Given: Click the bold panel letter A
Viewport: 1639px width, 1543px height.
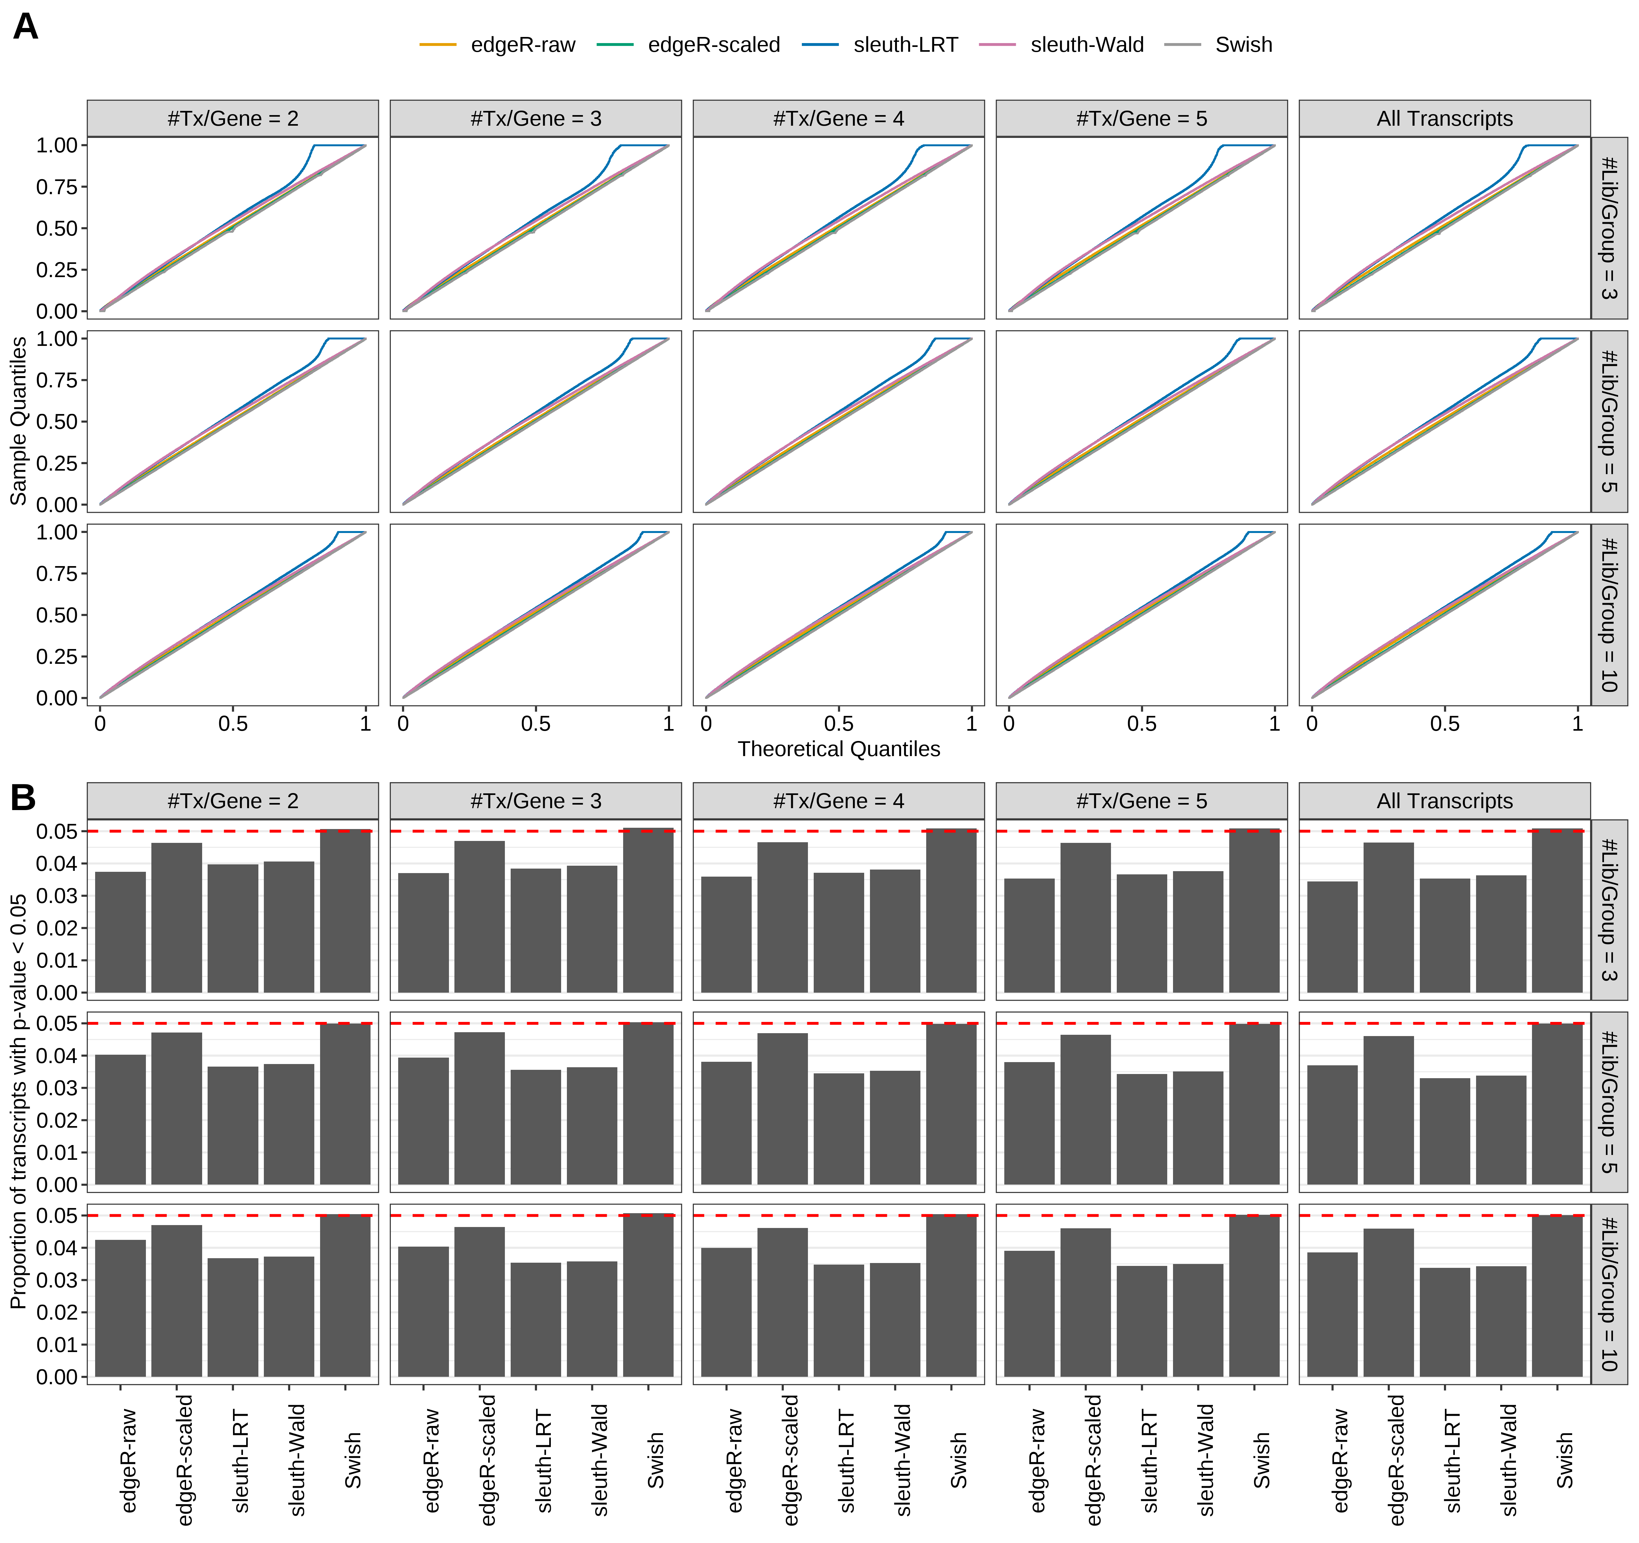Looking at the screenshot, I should pos(26,27).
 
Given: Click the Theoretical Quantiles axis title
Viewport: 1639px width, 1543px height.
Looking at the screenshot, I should pos(838,749).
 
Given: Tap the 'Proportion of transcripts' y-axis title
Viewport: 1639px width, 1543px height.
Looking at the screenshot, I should pos(18,1101).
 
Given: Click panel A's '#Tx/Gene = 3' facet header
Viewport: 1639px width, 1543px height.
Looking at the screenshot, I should pos(536,119).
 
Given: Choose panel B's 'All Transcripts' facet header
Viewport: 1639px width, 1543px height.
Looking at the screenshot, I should pos(1445,801).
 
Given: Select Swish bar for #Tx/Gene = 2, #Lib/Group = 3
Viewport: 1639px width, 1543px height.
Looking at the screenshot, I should pos(345,911).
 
